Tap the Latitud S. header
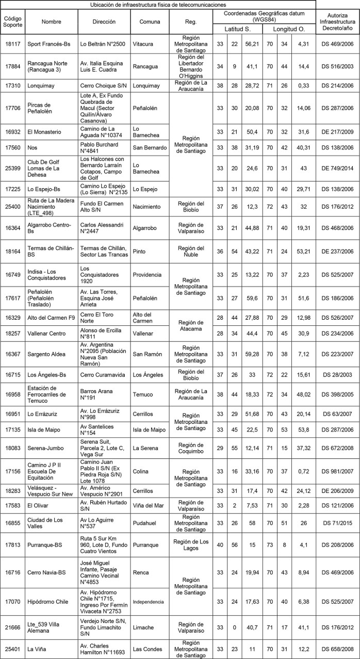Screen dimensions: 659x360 [236, 29]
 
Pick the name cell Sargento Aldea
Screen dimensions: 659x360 [44, 354]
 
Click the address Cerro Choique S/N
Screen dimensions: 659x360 [101, 83]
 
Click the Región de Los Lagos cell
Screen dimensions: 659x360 [190, 540]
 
